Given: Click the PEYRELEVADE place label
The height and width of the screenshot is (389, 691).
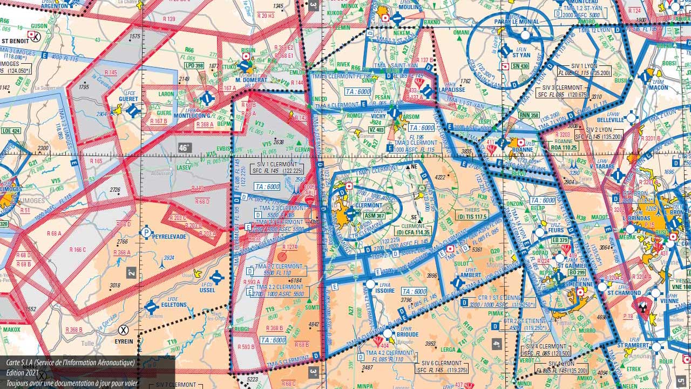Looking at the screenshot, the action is (x=169, y=237).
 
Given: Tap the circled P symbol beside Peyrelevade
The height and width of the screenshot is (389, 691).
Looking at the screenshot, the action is (x=146, y=233).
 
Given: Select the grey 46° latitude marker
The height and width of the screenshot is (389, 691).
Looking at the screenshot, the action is (x=185, y=147).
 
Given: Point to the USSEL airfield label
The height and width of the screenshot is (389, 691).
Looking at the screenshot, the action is (x=207, y=290).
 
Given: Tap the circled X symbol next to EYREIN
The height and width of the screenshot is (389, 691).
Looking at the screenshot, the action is (x=124, y=329).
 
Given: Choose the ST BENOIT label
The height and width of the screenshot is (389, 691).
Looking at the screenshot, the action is (x=15, y=41).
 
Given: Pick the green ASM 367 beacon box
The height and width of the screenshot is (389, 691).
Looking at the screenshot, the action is (x=374, y=216).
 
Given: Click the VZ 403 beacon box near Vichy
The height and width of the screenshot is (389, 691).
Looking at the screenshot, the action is (x=376, y=130).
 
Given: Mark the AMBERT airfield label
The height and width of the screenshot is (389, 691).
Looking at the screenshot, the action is (x=471, y=275).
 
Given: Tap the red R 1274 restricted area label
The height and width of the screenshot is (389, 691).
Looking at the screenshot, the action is (x=289, y=247).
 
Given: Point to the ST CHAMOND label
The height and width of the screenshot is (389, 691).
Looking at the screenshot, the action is (x=624, y=293).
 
